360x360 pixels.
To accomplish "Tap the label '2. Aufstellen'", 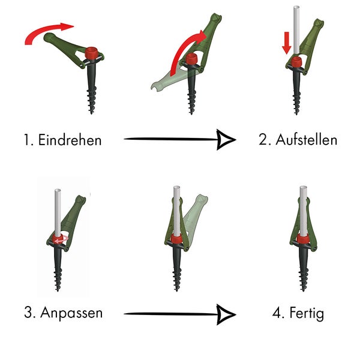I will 298,140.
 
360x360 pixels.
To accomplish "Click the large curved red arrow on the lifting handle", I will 183,51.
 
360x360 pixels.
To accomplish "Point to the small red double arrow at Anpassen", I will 59,239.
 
